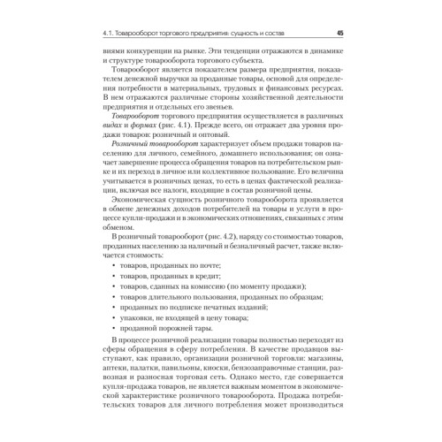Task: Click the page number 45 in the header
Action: coord(340,34)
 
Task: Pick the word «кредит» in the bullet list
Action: coord(195,278)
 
